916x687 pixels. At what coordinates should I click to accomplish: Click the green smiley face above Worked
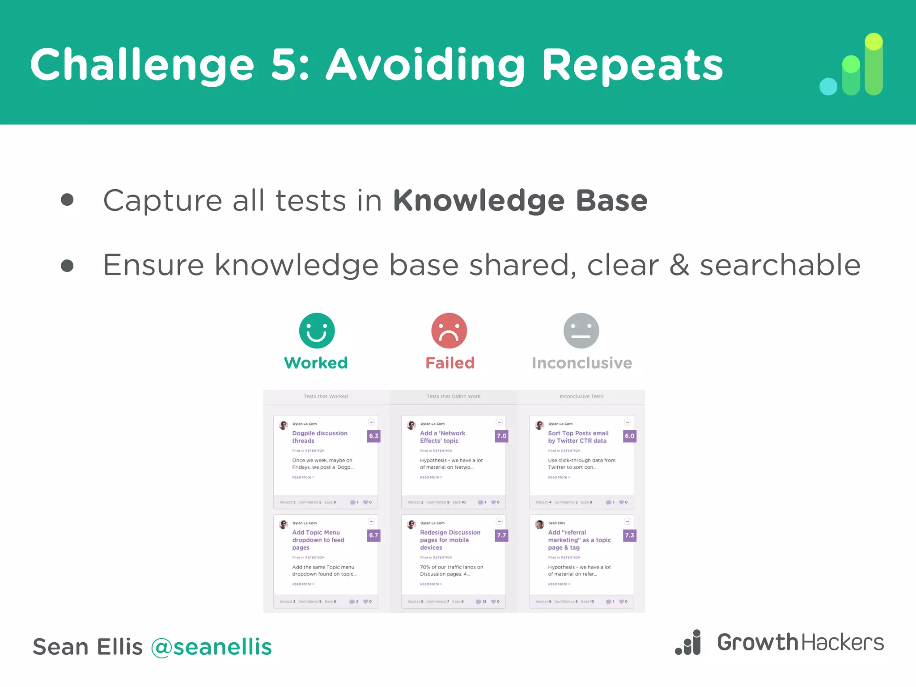[x=317, y=331]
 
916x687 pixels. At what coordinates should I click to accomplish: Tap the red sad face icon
[x=449, y=331]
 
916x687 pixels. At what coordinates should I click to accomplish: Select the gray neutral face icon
[x=581, y=331]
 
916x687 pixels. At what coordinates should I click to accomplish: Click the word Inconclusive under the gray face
[x=582, y=363]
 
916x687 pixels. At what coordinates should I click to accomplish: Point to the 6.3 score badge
[x=373, y=436]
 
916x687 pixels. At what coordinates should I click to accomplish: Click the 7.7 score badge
[x=501, y=535]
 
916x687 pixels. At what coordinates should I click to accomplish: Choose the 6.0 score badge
[x=629, y=436]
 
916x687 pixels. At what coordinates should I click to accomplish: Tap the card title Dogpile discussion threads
[x=319, y=437]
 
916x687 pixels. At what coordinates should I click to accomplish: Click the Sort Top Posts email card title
[x=578, y=437]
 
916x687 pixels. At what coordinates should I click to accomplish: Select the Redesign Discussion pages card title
[x=450, y=540]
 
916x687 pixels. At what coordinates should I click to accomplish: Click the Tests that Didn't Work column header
[x=453, y=396]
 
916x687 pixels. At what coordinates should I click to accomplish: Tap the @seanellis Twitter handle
[x=211, y=647]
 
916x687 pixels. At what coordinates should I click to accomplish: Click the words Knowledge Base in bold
[x=520, y=200]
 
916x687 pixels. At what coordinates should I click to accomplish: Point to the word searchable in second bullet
[x=780, y=265]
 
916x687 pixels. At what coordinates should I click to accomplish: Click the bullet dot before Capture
[x=67, y=199]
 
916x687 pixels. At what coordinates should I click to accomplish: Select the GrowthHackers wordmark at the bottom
[x=800, y=643]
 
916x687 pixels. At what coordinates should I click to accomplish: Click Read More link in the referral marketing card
[x=559, y=584]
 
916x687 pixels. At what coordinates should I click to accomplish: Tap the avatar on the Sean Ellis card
[x=539, y=524]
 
